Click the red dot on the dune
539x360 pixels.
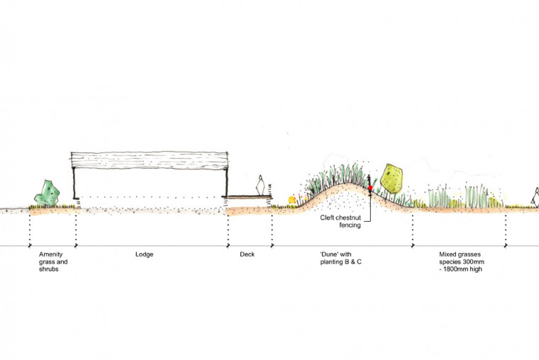pos(370,188)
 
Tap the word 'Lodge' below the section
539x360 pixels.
pos(145,254)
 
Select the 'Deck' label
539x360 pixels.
pos(248,254)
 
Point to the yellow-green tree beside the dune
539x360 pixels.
pos(391,178)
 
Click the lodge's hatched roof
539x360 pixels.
pos(150,160)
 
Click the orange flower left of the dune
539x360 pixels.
pos(291,200)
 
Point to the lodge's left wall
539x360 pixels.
pos(73,186)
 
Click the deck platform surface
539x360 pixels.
pos(248,196)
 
